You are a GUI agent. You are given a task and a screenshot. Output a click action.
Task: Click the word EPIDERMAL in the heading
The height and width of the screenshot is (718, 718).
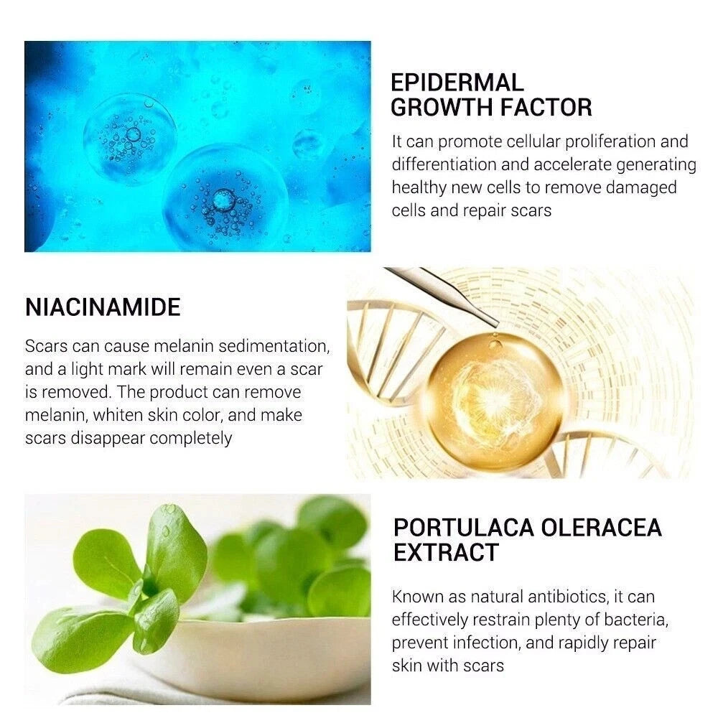coord(457,83)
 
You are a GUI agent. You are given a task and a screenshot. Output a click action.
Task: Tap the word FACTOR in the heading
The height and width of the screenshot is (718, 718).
coord(546,108)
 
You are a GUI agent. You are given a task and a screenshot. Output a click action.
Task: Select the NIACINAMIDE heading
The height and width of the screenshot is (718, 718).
coord(103,307)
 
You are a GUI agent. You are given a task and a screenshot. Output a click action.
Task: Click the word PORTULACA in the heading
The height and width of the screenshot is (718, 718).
coord(463,528)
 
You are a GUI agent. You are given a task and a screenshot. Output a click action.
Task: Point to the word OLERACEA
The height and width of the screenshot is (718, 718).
coord(601,528)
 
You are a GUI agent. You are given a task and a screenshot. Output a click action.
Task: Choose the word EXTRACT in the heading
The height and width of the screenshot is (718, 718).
coord(446,552)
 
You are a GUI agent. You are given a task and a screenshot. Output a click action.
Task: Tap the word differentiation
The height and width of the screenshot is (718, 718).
coord(444,164)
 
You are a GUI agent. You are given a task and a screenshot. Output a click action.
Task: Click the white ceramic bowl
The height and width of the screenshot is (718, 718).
coord(266,659)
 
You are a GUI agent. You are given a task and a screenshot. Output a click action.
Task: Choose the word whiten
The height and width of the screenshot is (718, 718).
coord(118,415)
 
